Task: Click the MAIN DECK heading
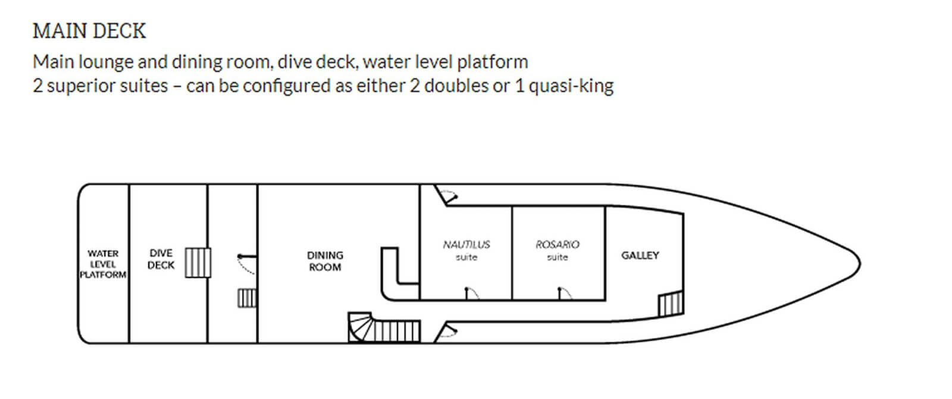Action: click(x=89, y=31)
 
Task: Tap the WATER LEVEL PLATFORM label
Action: click(x=103, y=264)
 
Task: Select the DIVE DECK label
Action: click(x=161, y=259)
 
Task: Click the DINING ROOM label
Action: click(x=325, y=261)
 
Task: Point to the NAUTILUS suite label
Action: click(x=466, y=250)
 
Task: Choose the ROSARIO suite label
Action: click(x=558, y=250)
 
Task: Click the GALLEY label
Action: click(x=640, y=255)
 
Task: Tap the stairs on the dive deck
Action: click(x=198, y=263)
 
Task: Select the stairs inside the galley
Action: click(x=671, y=304)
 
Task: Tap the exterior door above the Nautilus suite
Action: click(x=446, y=195)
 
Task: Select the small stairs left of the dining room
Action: click(x=246, y=298)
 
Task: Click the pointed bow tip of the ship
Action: click(x=859, y=263)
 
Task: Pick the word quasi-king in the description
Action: click(x=571, y=86)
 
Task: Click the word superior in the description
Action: click(x=76, y=86)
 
